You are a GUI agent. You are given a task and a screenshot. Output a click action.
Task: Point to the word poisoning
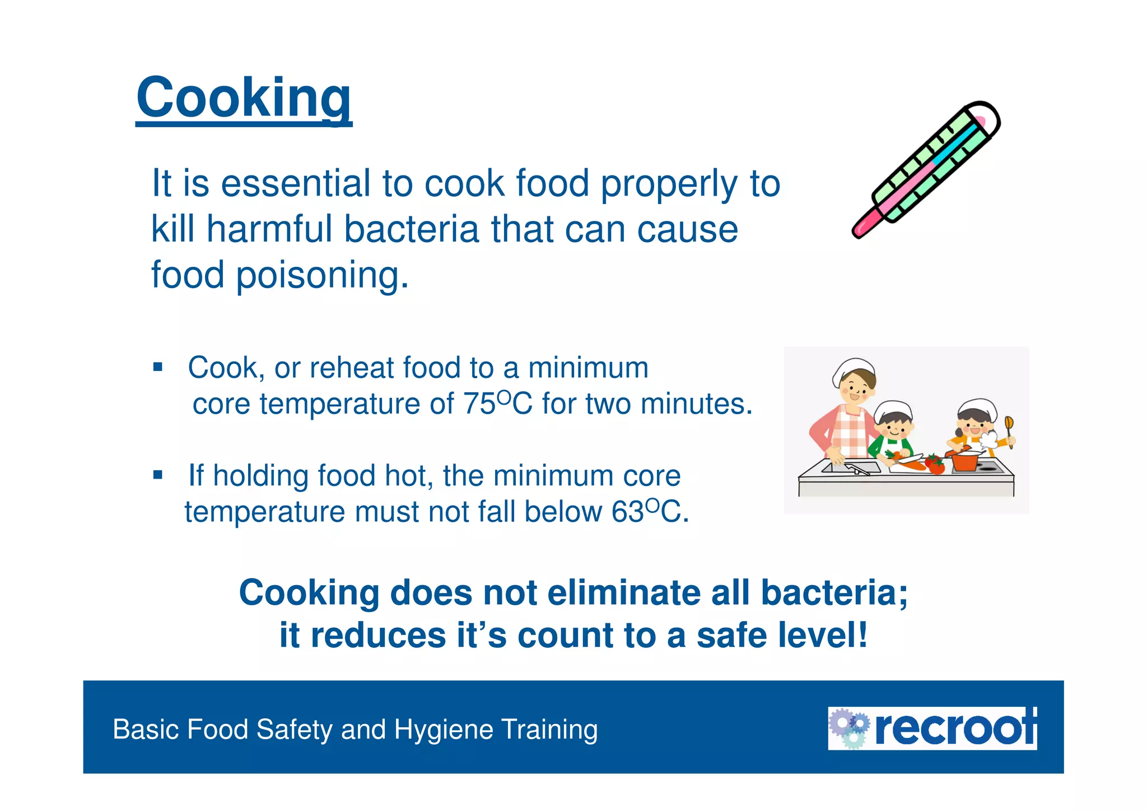point(322,275)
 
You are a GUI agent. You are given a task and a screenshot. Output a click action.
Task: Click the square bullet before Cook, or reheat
point(158,368)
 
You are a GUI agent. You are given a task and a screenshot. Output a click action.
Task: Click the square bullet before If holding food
point(158,475)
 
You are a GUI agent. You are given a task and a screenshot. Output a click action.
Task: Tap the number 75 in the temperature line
point(479,404)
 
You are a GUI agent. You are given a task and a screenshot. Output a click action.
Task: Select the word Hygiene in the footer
point(442,730)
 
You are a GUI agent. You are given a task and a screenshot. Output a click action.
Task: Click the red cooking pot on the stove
point(964,461)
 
